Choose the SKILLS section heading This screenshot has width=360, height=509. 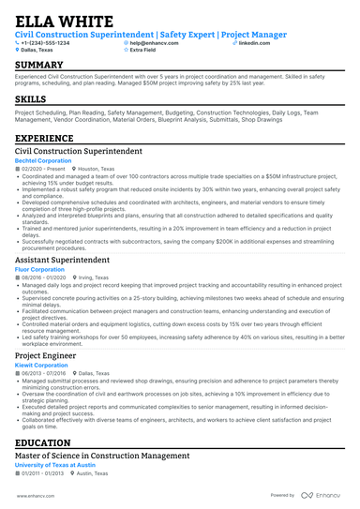point(31,98)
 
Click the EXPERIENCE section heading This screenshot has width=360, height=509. point(44,138)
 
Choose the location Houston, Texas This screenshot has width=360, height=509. point(101,169)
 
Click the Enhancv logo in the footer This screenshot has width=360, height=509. point(322,496)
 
